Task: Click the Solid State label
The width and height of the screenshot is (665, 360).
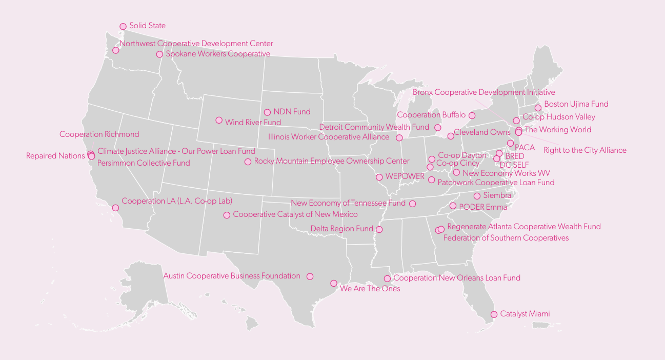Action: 147,26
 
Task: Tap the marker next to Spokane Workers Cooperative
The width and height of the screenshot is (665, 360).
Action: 159,54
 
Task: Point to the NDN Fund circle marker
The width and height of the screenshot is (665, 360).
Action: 267,112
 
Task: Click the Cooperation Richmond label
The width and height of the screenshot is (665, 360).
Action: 99,134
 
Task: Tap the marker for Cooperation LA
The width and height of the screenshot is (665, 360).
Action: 115,208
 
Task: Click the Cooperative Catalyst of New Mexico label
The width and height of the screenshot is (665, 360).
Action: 295,214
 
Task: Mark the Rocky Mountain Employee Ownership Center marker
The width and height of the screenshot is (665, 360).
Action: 248,162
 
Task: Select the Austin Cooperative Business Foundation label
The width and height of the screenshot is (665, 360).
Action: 232,276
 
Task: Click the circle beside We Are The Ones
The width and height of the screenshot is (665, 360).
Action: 334,284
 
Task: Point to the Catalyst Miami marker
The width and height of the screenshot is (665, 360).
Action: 494,314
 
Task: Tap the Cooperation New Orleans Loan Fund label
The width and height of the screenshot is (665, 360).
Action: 457,278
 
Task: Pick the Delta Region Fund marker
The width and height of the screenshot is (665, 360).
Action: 379,229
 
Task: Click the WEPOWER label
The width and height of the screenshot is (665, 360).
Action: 405,176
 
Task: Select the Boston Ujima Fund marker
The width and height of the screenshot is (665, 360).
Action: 538,108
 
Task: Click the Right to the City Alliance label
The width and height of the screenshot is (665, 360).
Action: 585,150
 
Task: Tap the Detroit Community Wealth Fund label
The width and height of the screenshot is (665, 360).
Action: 374,127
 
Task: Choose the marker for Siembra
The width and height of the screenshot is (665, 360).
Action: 477,196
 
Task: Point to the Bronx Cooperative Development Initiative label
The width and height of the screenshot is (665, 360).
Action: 483,92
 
